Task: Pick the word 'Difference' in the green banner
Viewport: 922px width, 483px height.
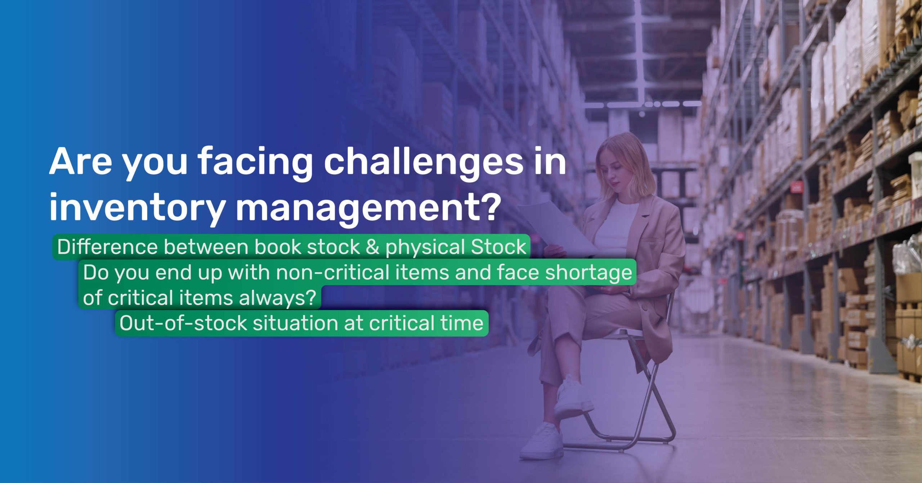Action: [107, 247]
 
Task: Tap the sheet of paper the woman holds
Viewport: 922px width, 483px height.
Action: [556, 227]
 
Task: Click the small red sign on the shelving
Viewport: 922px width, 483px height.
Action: [797, 187]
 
